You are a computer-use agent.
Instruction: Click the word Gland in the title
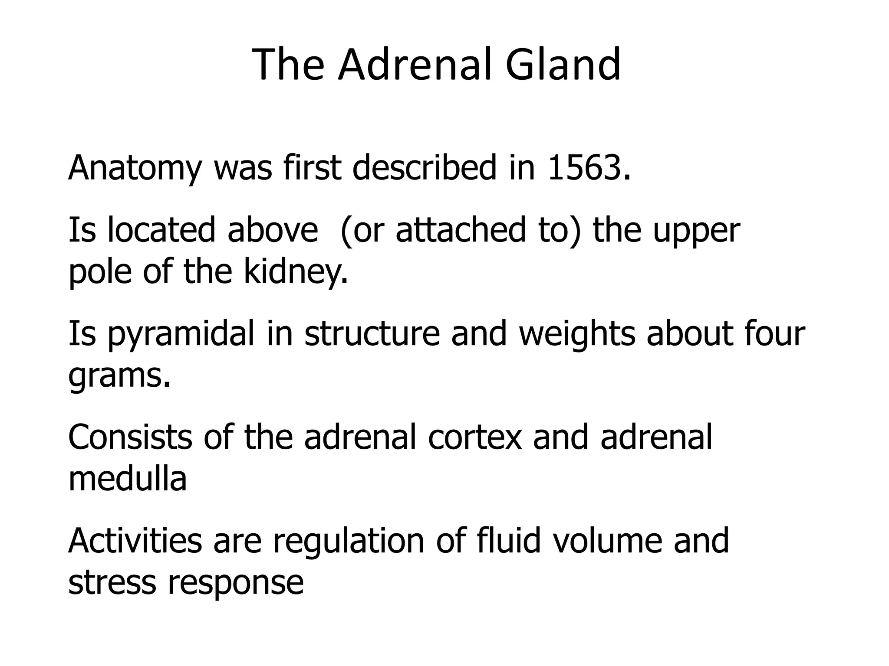coord(563,65)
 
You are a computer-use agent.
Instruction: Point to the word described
coord(424,168)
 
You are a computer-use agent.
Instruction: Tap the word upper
coord(696,231)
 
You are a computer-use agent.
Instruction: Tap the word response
coord(236,583)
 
